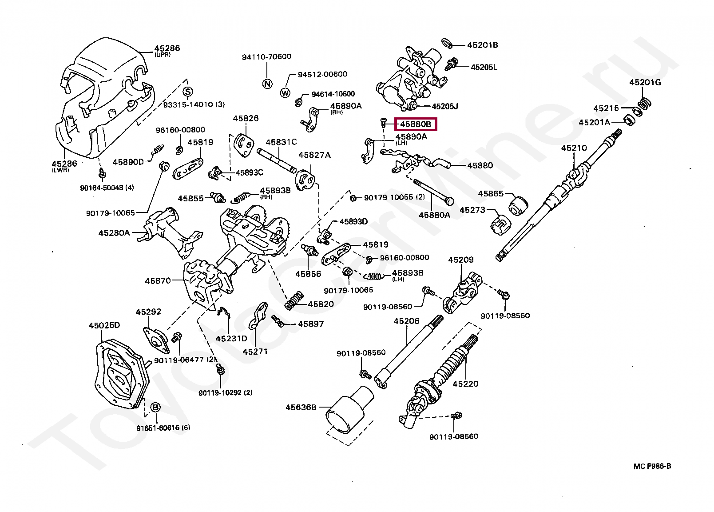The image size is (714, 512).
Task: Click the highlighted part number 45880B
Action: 416,124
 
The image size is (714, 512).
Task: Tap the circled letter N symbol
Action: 267,84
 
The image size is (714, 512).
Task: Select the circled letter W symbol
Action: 285,93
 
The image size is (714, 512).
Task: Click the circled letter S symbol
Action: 188,92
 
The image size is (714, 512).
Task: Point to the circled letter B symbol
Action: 155,407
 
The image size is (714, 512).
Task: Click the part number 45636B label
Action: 301,407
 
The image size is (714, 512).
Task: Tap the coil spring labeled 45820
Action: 294,301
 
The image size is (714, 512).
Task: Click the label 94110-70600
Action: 266,57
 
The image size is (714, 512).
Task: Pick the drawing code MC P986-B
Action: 652,466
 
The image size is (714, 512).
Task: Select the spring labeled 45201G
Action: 645,103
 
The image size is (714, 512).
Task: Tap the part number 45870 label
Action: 158,281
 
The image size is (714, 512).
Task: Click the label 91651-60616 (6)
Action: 163,428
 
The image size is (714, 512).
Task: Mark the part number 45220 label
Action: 465,384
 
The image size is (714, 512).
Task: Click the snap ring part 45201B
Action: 447,43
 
